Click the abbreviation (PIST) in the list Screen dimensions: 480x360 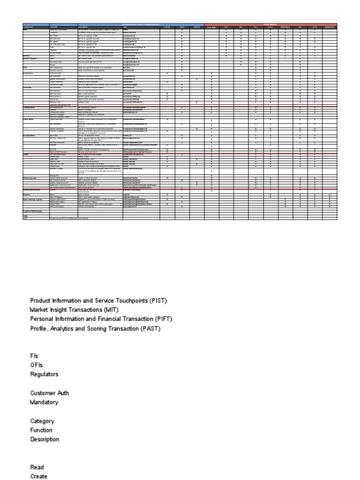pos(158,300)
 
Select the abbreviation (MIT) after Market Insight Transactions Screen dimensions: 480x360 pos(111,310)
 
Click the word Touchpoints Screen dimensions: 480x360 pos(130,300)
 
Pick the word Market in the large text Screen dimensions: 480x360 pos(39,310)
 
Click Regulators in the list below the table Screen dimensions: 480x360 pos(45,375)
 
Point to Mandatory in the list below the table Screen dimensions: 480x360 pos(44,402)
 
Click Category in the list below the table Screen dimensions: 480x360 pos(42,421)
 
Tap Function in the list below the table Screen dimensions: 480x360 pos(41,430)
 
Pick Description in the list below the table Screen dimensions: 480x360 pos(45,440)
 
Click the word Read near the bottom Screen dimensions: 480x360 pos(37,467)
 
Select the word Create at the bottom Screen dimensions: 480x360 pos(38,476)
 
